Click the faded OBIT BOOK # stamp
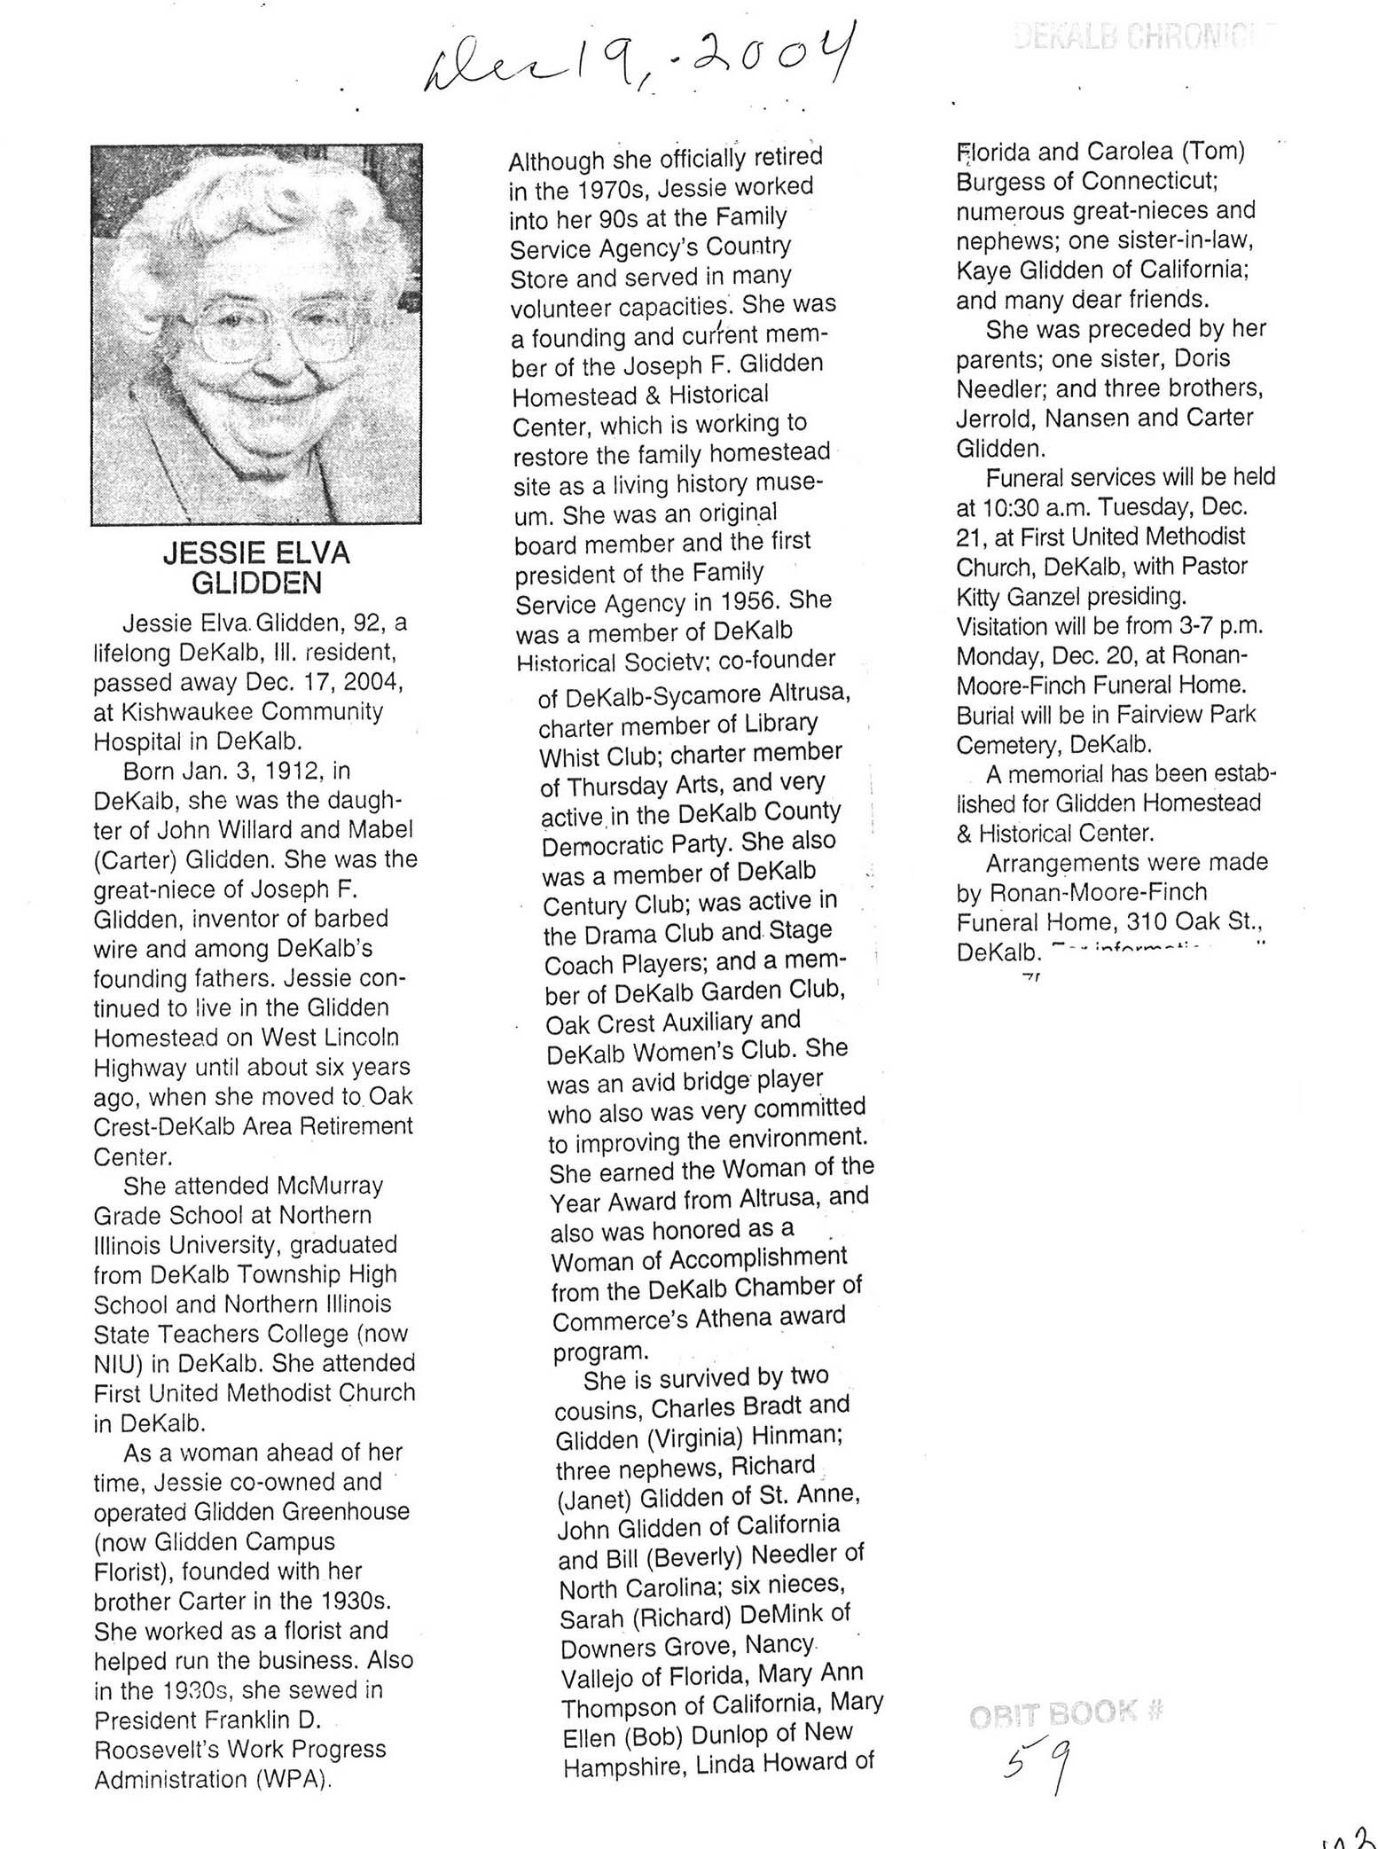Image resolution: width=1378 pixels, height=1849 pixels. point(1064,1713)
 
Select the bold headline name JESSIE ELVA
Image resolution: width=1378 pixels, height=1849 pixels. point(256,553)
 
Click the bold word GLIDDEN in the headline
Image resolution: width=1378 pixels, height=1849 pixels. point(256,583)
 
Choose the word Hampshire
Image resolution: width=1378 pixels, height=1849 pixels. point(624,1767)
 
